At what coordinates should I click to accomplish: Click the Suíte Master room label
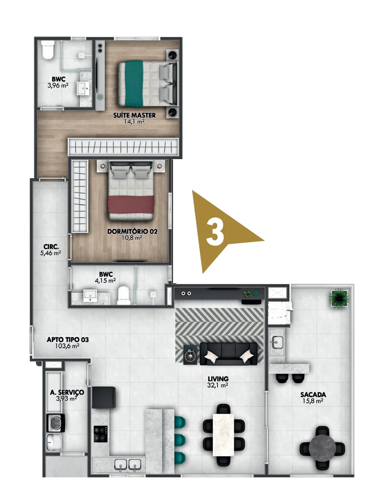pyautogui.click(x=134, y=115)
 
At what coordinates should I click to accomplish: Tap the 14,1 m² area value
pyautogui.click(x=134, y=121)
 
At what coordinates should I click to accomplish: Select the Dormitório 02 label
pyautogui.click(x=132, y=231)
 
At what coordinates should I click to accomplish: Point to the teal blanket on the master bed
pyautogui.click(x=134, y=84)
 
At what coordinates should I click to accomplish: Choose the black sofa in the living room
pyautogui.click(x=229, y=354)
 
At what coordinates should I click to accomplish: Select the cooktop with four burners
pyautogui.click(x=100, y=434)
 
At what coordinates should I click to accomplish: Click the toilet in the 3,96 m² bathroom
pyautogui.click(x=48, y=50)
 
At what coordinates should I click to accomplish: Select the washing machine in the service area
pyautogui.click(x=56, y=423)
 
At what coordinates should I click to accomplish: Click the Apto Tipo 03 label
pyautogui.click(x=68, y=340)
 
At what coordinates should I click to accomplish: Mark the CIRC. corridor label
pyautogui.click(x=51, y=247)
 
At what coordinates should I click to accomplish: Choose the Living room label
pyautogui.click(x=218, y=379)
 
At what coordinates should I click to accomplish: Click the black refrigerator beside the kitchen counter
pyautogui.click(x=104, y=397)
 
